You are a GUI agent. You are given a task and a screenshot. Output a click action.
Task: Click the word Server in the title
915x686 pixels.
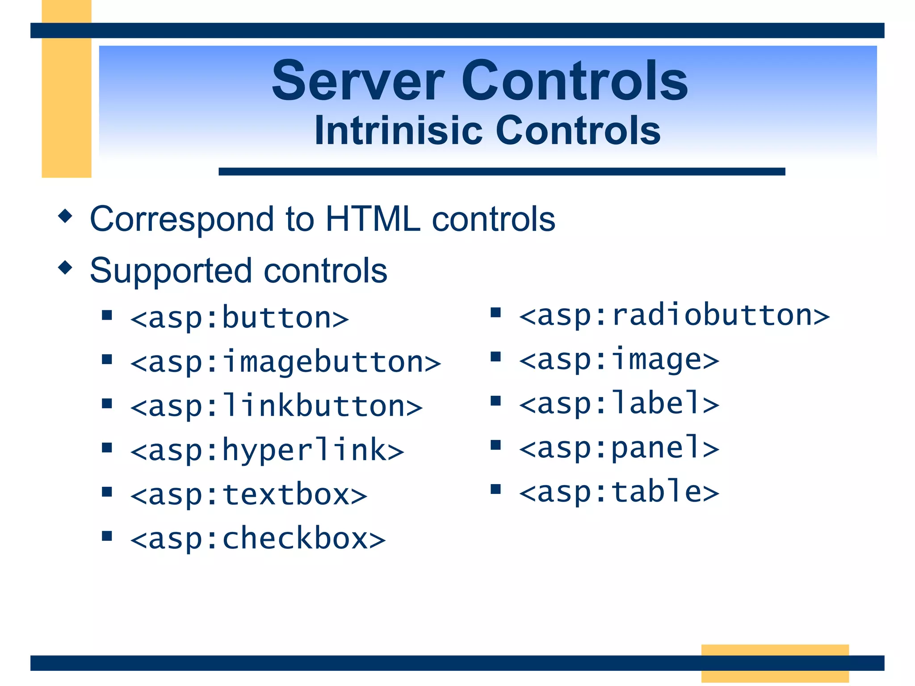pyautogui.click(x=358, y=81)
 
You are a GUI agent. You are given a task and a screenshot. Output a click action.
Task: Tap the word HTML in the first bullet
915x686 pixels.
pyautogui.click(x=373, y=219)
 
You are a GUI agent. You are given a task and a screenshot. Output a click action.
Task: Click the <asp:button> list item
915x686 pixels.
pyautogui.click(x=239, y=318)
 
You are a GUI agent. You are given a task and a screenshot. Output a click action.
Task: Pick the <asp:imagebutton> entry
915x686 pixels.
pyautogui.click(x=285, y=362)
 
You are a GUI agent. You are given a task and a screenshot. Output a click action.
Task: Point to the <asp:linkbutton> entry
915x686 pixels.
pyautogui.click(x=276, y=406)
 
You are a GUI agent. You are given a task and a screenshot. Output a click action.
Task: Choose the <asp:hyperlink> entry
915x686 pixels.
pyautogui.click(x=267, y=450)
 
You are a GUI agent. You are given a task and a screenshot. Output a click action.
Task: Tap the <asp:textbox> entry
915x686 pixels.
pyautogui.click(x=249, y=494)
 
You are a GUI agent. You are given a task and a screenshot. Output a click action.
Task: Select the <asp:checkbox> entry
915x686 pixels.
pyautogui.click(x=258, y=539)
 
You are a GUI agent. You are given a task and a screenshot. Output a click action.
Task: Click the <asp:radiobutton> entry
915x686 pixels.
pyautogui.click(x=674, y=315)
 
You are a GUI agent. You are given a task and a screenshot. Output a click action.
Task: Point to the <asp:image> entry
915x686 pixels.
pyautogui.click(x=619, y=360)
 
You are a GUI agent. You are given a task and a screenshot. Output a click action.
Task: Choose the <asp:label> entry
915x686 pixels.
pyautogui.click(x=619, y=403)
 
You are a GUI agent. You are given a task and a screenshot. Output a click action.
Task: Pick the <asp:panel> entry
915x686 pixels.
pyautogui.click(x=619, y=448)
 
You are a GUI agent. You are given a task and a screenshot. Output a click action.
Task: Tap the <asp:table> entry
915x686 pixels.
pyautogui.click(x=619, y=492)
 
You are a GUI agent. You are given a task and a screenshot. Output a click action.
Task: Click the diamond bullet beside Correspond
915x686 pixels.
pyautogui.click(x=65, y=216)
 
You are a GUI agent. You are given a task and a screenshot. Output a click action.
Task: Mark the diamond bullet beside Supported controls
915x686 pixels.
pyautogui.click(x=65, y=268)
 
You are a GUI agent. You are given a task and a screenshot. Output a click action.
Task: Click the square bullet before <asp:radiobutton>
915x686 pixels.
pyautogui.click(x=495, y=312)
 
